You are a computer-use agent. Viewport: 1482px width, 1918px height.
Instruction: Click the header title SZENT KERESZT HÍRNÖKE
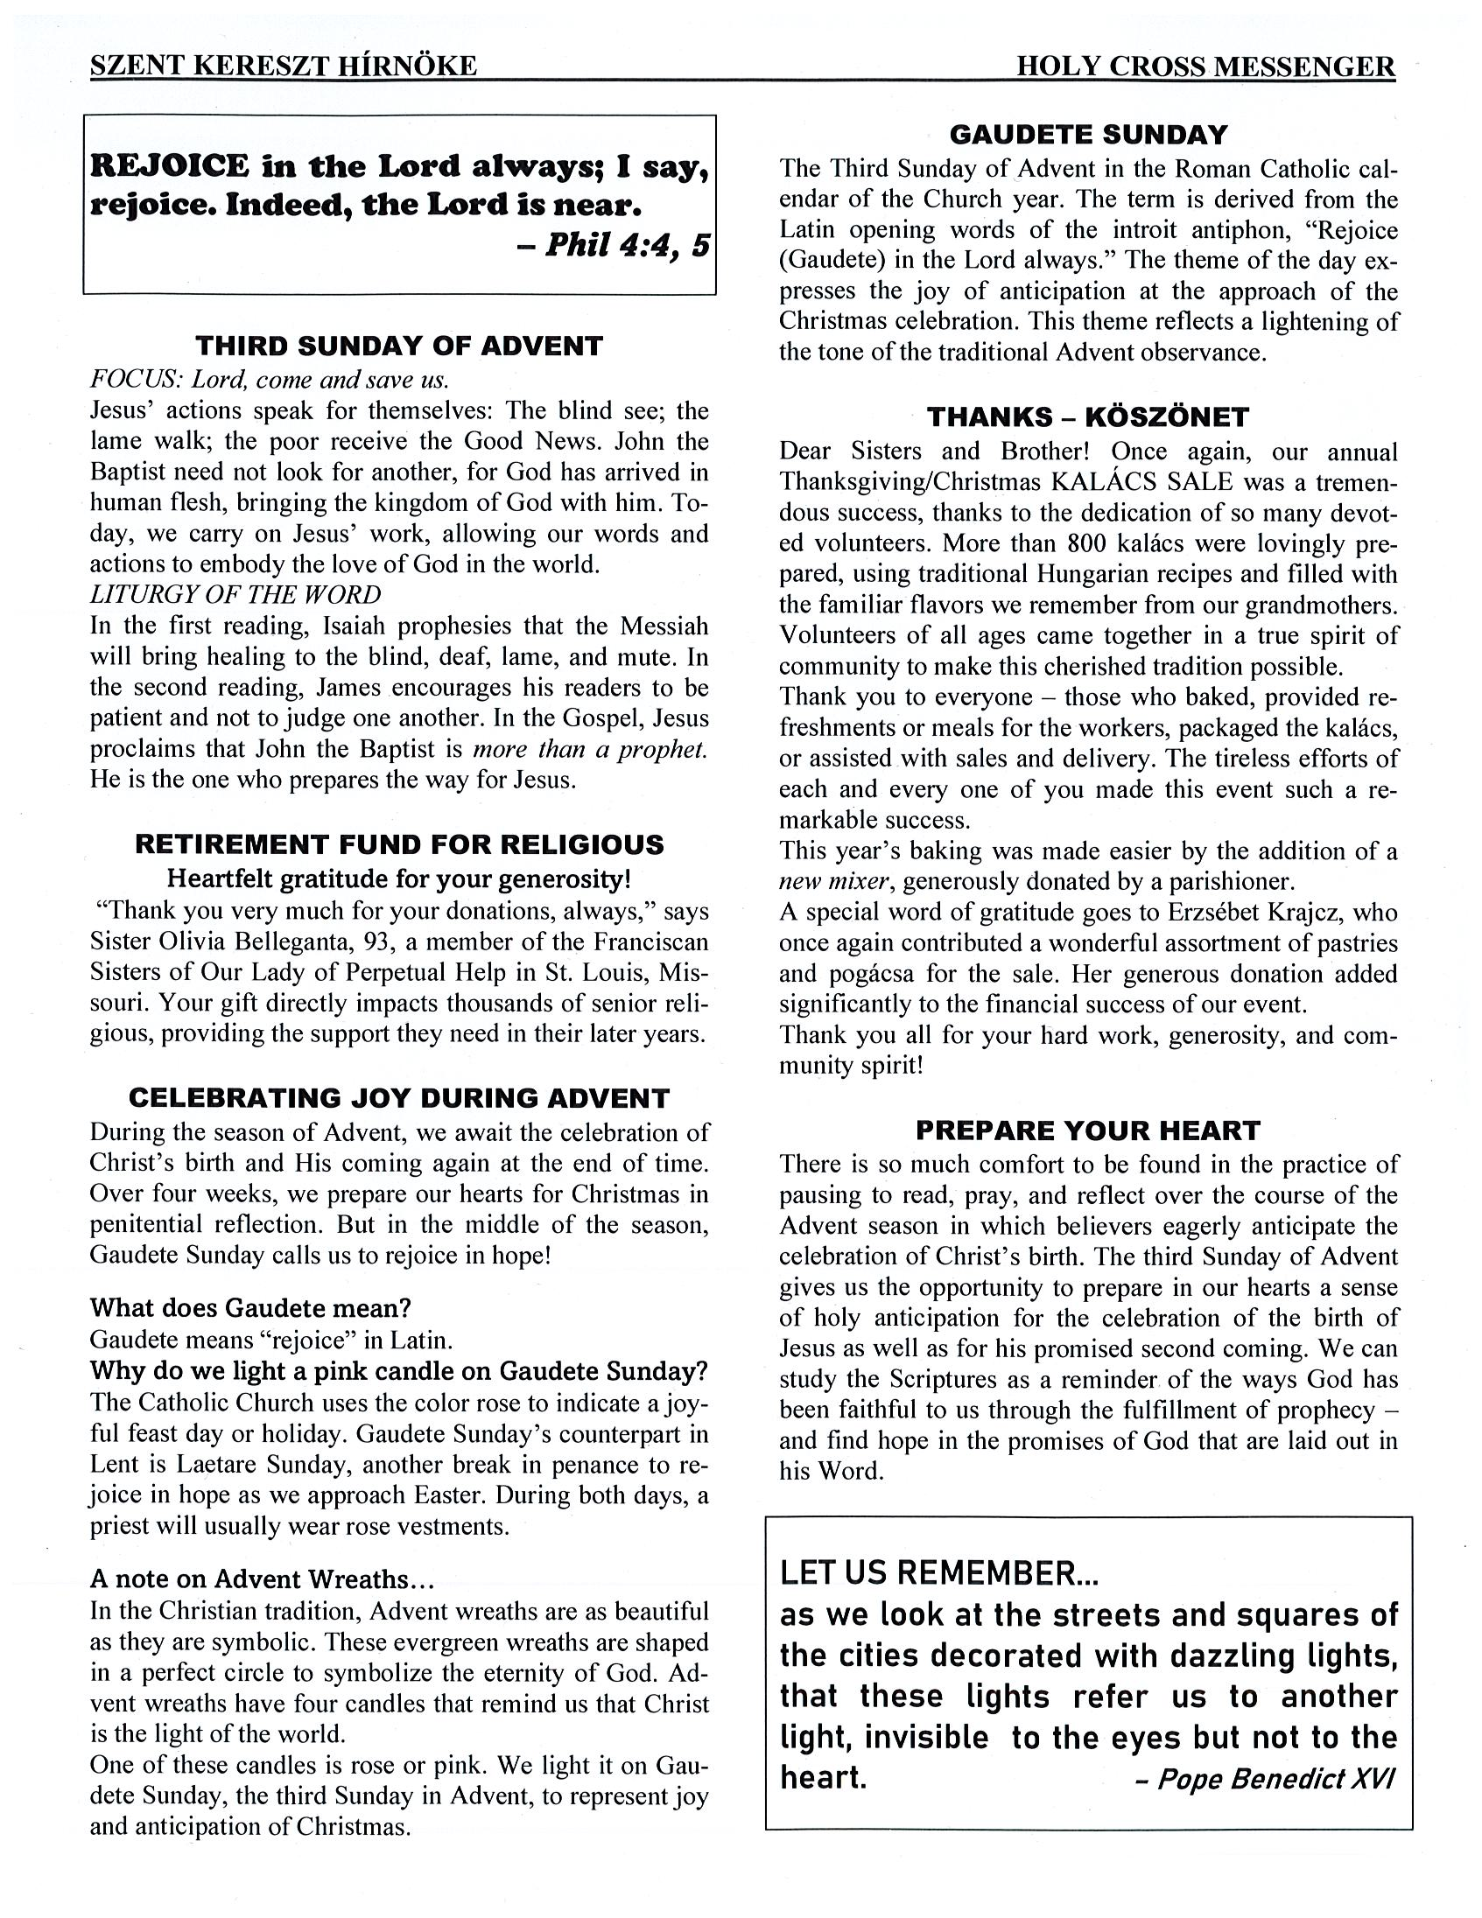click(283, 66)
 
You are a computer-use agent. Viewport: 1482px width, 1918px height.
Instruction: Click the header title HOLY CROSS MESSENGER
click(1205, 66)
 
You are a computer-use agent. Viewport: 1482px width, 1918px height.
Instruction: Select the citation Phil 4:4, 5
click(627, 244)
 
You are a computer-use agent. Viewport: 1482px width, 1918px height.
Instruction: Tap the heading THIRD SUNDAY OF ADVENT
click(399, 345)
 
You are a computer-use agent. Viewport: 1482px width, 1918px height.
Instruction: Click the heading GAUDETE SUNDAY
click(1088, 135)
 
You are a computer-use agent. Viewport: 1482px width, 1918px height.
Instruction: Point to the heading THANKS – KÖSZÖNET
click(1087, 416)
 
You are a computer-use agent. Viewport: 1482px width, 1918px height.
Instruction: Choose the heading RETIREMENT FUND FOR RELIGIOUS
click(399, 844)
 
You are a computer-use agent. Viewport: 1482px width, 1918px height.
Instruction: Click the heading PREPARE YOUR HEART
click(1087, 1130)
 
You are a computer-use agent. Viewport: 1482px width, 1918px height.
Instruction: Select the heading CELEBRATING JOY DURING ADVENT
click(399, 1098)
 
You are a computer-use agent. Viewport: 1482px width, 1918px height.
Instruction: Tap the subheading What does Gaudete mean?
click(250, 1307)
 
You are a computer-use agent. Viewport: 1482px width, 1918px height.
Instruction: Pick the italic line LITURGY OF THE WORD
click(235, 594)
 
